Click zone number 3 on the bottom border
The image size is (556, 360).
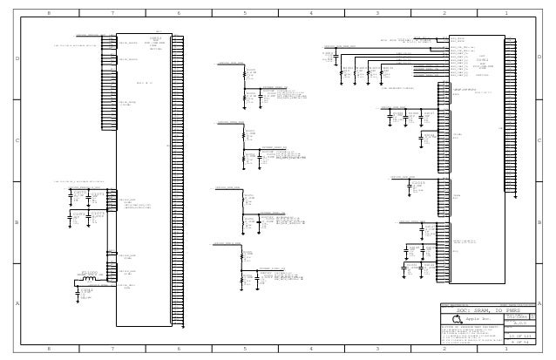(376, 349)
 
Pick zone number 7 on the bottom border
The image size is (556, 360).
(113, 349)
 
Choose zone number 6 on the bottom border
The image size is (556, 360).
(179, 349)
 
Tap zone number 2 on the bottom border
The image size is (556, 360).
(443, 349)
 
